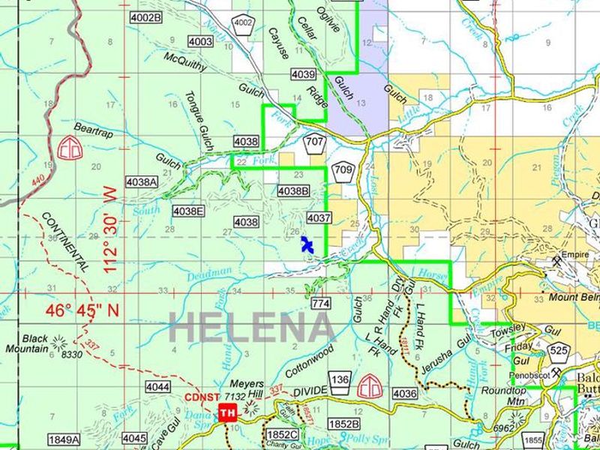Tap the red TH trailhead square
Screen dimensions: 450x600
pyautogui.click(x=227, y=412)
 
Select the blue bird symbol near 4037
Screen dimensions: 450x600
pyautogui.click(x=307, y=245)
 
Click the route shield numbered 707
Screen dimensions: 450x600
pyautogui.click(x=314, y=142)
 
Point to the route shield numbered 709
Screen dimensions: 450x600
pyautogui.click(x=343, y=170)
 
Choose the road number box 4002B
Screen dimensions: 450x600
pyautogui.click(x=145, y=16)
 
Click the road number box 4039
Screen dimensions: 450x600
pyautogui.click(x=302, y=74)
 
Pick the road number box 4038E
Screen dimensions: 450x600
pyautogui.click(x=187, y=211)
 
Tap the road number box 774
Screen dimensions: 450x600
pyautogui.click(x=320, y=303)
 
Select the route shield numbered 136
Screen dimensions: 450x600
pyautogui.click(x=341, y=380)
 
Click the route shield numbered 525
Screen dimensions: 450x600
pyautogui.click(x=558, y=349)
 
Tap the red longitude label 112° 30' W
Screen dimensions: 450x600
pyautogui.click(x=112, y=231)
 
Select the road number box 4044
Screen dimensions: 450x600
pyautogui.click(x=157, y=387)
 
